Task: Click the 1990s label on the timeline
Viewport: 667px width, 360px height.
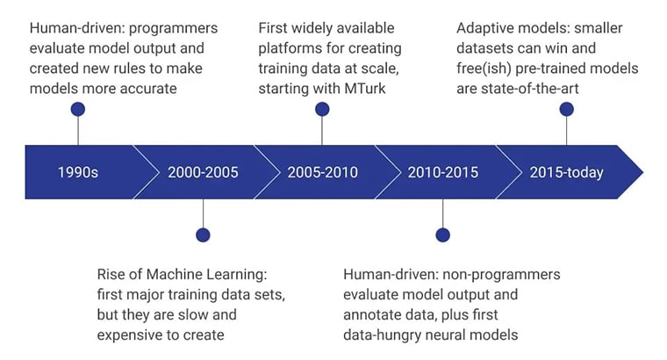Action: click(78, 172)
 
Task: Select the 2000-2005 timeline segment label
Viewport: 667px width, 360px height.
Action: click(203, 172)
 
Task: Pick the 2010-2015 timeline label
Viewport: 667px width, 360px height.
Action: click(442, 172)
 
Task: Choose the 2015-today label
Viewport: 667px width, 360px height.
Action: click(566, 172)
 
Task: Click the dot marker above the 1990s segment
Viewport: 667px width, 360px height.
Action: click(78, 110)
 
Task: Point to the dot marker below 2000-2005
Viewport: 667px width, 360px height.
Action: click(203, 234)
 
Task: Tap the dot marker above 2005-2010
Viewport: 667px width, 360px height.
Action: click(322, 110)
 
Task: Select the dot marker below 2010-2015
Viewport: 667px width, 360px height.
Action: click(442, 234)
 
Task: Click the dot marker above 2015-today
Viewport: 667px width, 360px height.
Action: click(566, 110)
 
